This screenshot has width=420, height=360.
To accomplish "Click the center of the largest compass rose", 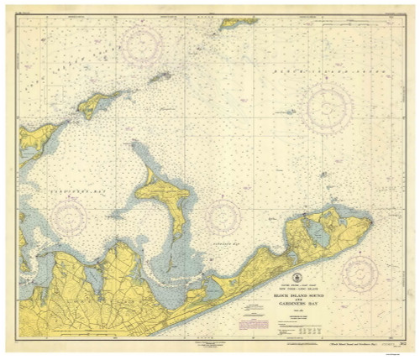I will pos(328,108).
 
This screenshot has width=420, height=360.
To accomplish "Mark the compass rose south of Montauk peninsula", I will pos(360,269).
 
